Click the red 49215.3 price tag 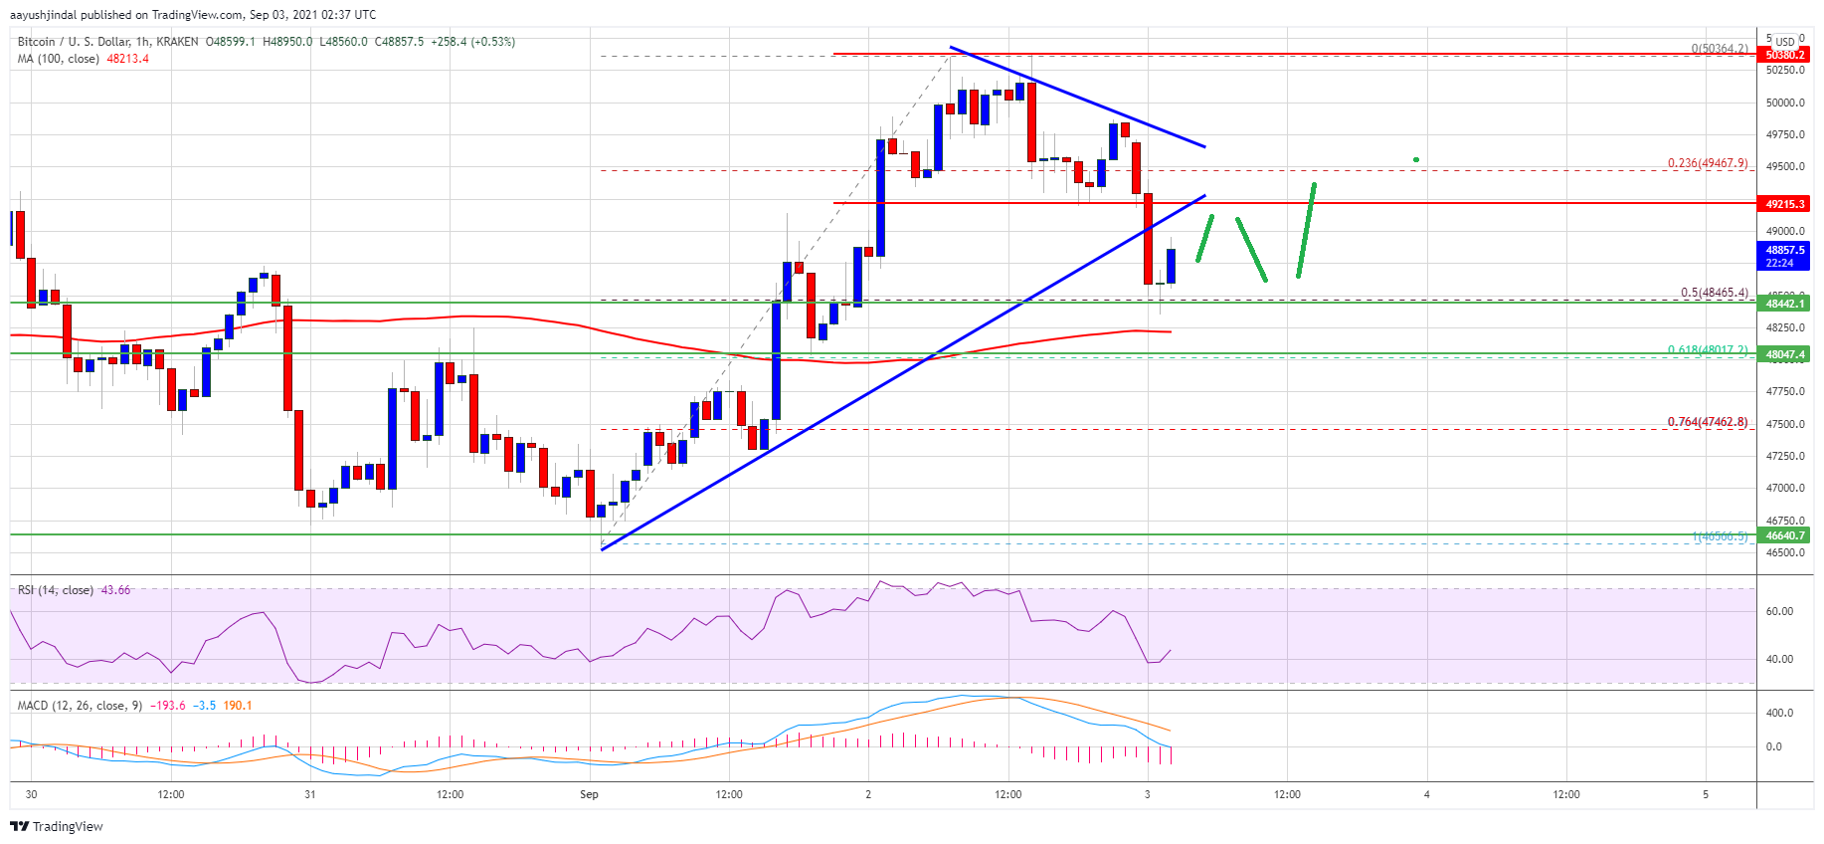[x=1784, y=204]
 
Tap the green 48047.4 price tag [x=1784, y=354]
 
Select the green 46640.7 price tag [x=1784, y=535]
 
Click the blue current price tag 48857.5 [x=1784, y=251]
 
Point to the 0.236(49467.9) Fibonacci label [x=1707, y=163]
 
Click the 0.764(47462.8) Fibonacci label [x=1707, y=422]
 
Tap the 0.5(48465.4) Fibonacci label [x=1714, y=293]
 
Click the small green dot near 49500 [x=1415, y=159]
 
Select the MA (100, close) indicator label [x=58, y=59]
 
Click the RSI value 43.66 [x=115, y=590]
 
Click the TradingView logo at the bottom [x=57, y=827]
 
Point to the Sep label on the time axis [x=589, y=794]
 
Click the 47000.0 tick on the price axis [x=1784, y=489]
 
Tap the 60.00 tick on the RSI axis [x=1779, y=611]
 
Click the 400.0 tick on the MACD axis [x=1779, y=713]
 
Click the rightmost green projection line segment [x=1306, y=230]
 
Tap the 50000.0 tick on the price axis [x=1784, y=103]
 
